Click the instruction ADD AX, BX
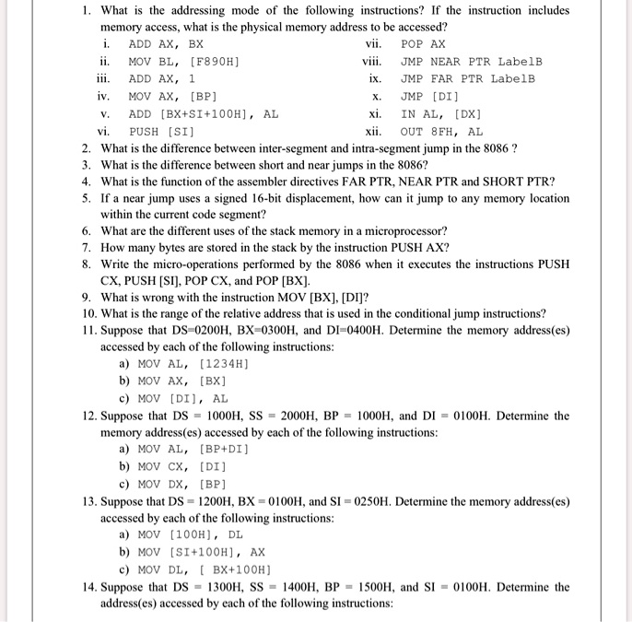[166, 44]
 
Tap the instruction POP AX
[423, 44]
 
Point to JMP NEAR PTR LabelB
[472, 62]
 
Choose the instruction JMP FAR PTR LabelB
[467, 79]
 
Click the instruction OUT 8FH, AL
[441, 132]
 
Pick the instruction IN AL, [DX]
[441, 114]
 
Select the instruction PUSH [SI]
[161, 132]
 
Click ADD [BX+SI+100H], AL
[204, 114]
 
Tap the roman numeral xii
[374, 132]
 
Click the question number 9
[86, 297]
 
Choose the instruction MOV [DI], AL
[182, 399]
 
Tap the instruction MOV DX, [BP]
[182, 485]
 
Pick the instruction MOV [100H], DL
[190, 535]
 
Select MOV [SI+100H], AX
[201, 552]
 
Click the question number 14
[88, 587]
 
